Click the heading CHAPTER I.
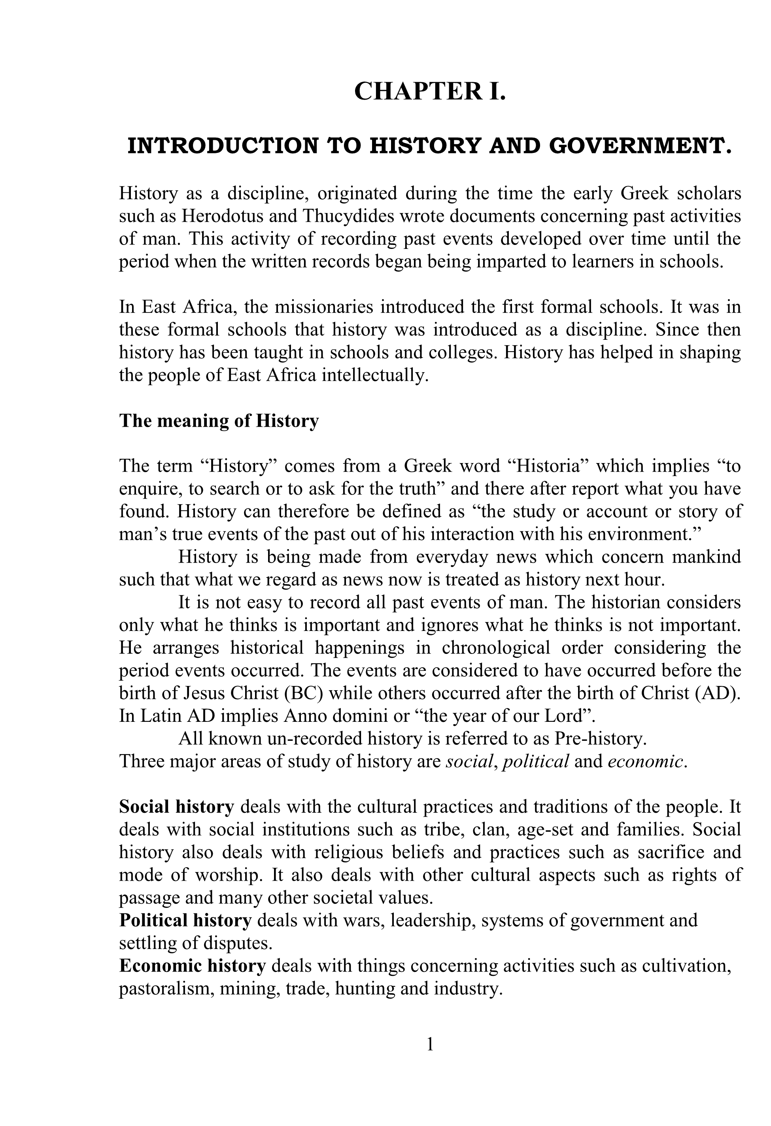430,92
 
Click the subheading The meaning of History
219,420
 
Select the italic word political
536,762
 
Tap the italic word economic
644,762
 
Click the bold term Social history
176,807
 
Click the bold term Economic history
193,966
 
